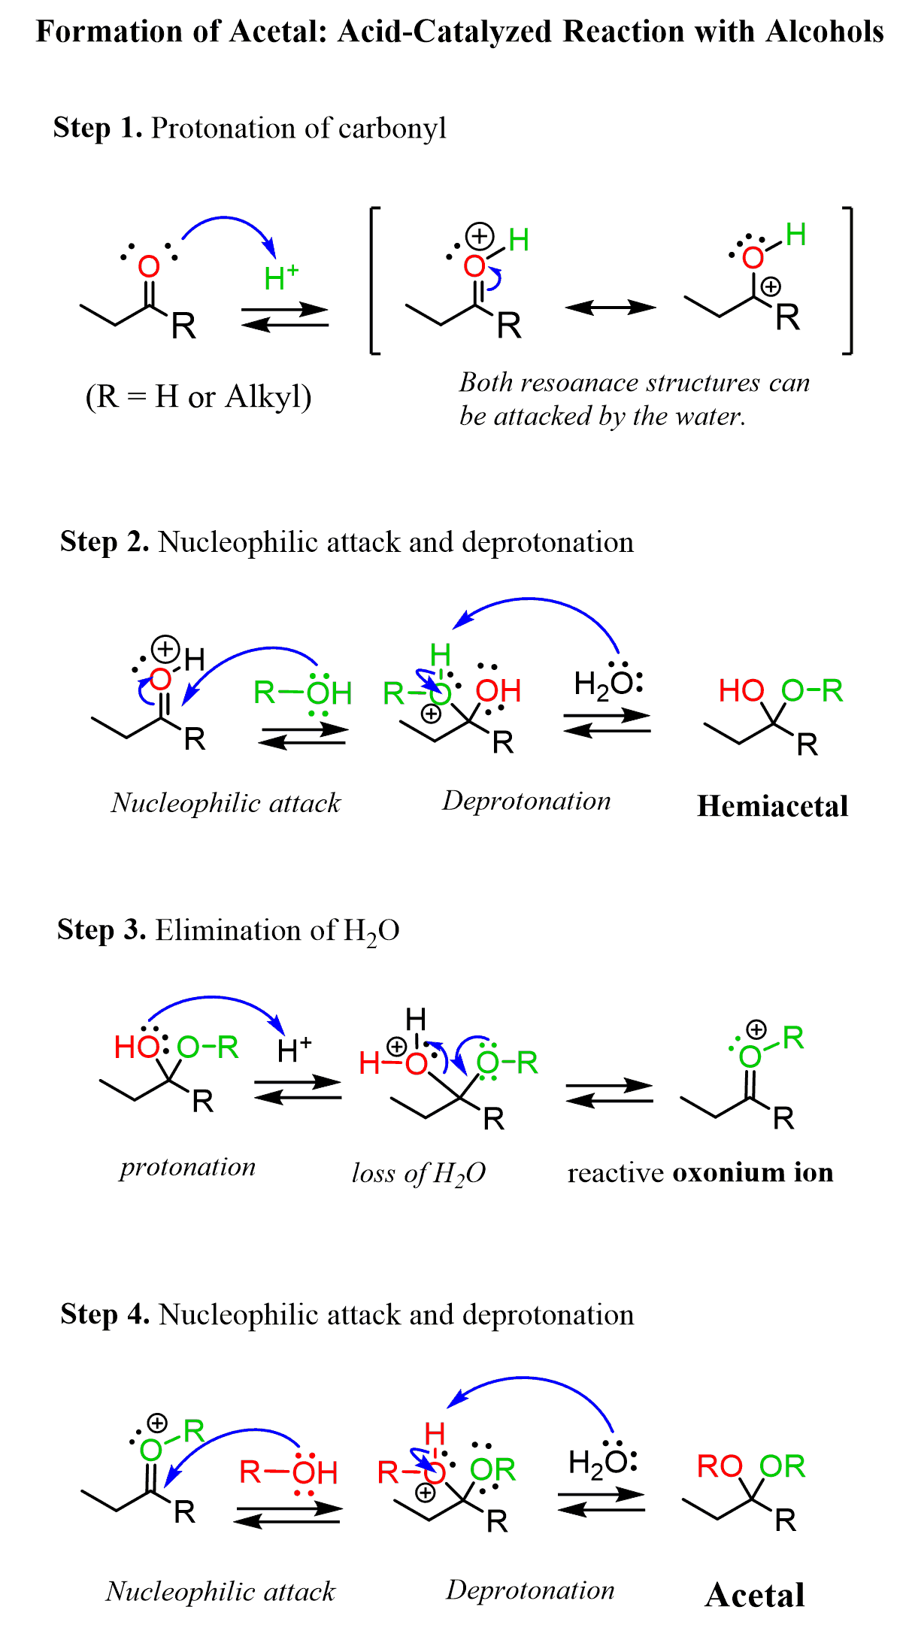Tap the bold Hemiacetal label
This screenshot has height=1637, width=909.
coord(772,806)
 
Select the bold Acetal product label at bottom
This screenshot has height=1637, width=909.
coord(755,1595)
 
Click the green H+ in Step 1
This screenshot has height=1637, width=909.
coord(281,278)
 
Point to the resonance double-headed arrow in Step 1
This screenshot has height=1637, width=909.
coord(610,307)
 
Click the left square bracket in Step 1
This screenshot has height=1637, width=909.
coord(374,280)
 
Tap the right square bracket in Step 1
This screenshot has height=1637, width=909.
coord(848,280)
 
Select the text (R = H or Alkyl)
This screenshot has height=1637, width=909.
coord(198,396)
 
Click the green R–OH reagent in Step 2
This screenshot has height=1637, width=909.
coord(303,693)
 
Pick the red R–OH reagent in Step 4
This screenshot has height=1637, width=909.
coord(289,1472)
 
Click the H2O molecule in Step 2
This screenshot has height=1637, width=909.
coord(608,684)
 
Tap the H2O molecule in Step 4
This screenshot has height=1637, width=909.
coord(602,1463)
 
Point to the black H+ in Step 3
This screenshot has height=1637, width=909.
coord(294,1050)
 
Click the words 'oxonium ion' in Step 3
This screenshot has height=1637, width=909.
coord(753,1172)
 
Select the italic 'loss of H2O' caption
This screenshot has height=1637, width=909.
coord(419,1173)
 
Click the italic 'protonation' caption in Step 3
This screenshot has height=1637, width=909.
coord(188,1167)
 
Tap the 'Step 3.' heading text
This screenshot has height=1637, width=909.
coord(102,930)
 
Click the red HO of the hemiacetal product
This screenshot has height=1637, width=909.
coord(741,690)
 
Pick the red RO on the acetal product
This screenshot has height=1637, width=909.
coord(720,1466)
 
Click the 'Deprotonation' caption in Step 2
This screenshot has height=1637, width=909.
coord(526,801)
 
